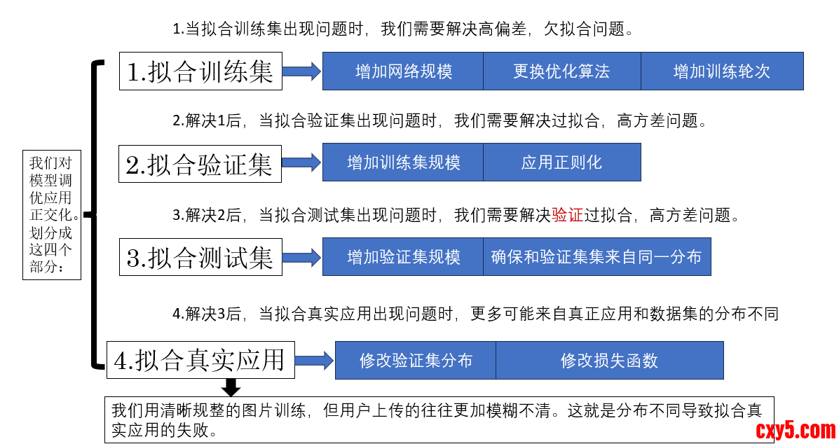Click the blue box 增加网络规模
tap(403, 71)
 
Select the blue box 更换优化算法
tap(562, 71)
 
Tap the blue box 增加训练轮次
tap(722, 71)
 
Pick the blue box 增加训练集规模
tap(403, 162)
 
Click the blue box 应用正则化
tap(562, 162)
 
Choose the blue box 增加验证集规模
tap(403, 257)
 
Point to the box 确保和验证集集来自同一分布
tap(597, 257)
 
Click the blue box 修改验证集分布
tap(416, 361)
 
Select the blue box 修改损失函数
tap(609, 361)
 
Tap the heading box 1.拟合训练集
tap(200, 71)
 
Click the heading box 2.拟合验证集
tap(200, 164)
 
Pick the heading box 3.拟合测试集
tap(200, 257)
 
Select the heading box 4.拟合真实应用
tap(200, 360)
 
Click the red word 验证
tap(568, 215)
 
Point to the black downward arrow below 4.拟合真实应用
tap(231, 387)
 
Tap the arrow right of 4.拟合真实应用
tap(315, 360)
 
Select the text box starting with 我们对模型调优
tap(51, 214)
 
